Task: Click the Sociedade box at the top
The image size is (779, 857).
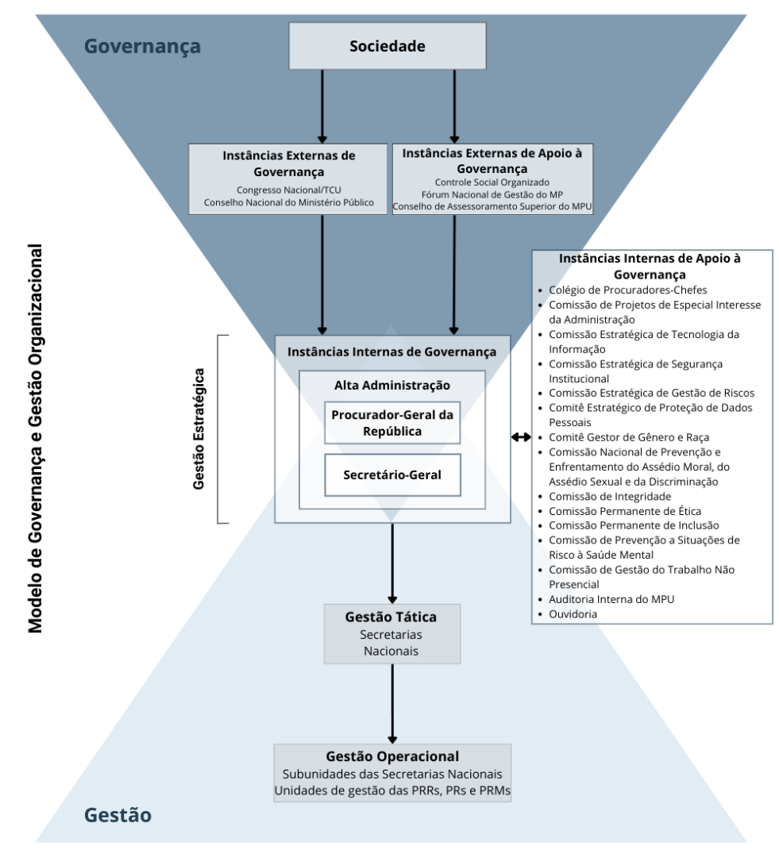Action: (x=387, y=46)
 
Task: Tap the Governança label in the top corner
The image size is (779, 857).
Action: (x=143, y=46)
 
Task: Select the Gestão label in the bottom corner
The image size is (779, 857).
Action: (x=118, y=815)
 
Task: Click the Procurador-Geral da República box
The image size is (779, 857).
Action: (x=392, y=423)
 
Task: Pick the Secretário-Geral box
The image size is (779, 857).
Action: (x=392, y=475)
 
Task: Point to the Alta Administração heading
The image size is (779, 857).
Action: (x=392, y=386)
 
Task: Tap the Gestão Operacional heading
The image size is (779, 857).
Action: (x=392, y=757)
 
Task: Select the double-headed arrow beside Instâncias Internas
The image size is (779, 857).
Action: (x=522, y=437)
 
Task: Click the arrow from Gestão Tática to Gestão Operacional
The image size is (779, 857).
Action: (x=392, y=703)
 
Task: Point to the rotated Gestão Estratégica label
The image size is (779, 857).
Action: (x=199, y=428)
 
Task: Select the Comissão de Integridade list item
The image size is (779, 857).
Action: (x=610, y=496)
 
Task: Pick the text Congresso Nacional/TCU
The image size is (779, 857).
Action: (x=288, y=190)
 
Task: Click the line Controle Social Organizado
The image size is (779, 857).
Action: (x=492, y=182)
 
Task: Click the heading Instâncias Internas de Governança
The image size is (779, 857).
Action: (x=392, y=351)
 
